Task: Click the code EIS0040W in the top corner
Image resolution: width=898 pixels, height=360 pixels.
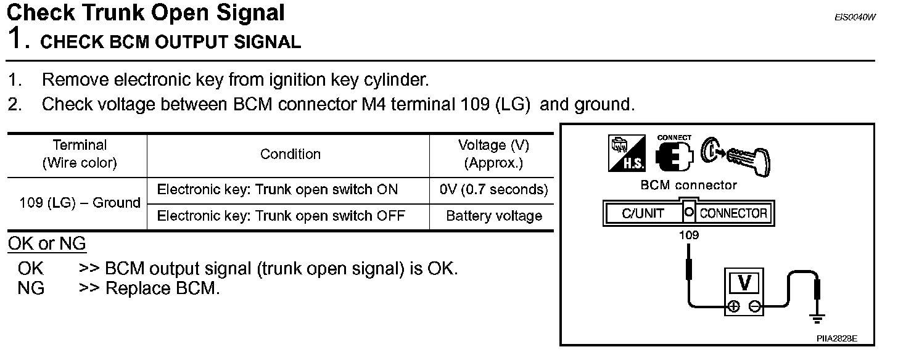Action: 854,17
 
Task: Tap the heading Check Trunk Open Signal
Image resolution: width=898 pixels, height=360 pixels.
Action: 146,13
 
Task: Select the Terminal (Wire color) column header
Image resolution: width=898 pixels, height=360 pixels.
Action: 80,154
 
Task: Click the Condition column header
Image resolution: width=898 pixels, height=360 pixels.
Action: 290,154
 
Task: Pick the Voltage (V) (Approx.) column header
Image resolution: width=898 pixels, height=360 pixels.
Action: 493,154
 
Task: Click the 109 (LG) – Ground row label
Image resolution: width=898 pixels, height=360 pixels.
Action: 80,203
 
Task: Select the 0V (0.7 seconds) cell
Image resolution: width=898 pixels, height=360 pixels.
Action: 493,190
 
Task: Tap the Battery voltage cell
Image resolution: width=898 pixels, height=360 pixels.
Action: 493,216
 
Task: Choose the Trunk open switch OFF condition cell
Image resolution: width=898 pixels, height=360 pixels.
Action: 281,216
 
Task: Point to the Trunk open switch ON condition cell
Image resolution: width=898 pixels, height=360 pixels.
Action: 278,190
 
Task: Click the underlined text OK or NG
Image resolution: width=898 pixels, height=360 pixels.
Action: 47,244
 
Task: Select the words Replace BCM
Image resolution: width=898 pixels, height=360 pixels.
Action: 163,288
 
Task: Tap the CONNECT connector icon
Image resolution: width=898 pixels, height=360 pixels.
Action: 674,153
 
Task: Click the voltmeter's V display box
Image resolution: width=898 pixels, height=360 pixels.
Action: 745,283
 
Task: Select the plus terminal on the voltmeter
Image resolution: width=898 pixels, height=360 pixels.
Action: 734,306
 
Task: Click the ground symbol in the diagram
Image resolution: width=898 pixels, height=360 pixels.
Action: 817,319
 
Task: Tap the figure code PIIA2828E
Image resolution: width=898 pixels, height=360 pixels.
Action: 837,338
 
